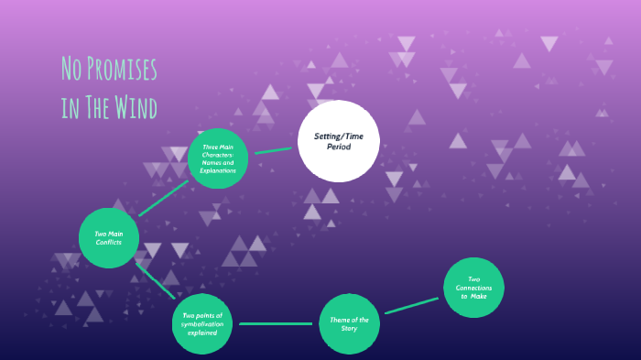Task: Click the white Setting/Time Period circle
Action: [x=339, y=141]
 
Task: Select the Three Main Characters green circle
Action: [x=218, y=158]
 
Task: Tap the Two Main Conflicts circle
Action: [x=109, y=237]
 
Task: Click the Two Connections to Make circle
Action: [x=473, y=289]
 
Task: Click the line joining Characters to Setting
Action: [x=273, y=149]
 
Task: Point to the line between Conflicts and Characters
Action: [x=164, y=197]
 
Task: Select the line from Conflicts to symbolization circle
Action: [x=155, y=280]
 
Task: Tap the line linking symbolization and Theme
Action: [x=276, y=324]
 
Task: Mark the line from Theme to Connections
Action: [x=411, y=306]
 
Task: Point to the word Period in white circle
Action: [x=339, y=147]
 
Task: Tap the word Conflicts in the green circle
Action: [x=109, y=242]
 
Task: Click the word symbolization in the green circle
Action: [x=201, y=324]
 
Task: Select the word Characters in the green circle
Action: [x=218, y=154]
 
